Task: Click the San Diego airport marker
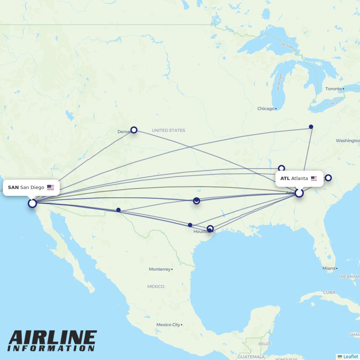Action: [32, 203]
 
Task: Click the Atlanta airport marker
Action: [299, 193]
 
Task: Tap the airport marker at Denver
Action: [134, 130]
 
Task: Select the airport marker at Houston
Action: [210, 229]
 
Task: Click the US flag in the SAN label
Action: [50, 188]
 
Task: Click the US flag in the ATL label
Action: [314, 179]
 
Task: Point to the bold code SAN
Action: [13, 188]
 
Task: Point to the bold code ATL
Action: [285, 179]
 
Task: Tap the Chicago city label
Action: [266, 109]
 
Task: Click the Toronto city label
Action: [334, 89]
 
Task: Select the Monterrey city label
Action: [159, 269]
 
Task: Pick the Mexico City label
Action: [168, 325]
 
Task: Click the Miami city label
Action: [329, 269]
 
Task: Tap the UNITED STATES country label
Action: [168, 130]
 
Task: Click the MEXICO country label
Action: [156, 287]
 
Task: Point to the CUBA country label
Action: [329, 292]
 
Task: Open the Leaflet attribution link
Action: [350, 356]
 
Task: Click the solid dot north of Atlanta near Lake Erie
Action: [311, 127]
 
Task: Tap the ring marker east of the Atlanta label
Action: [328, 177]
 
